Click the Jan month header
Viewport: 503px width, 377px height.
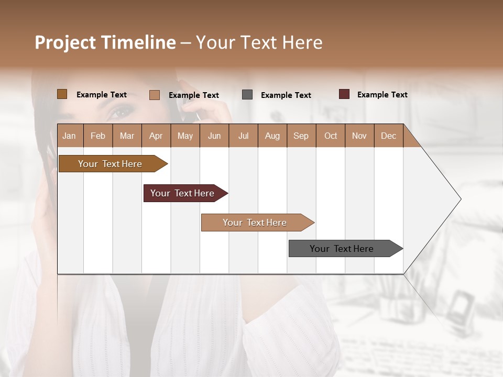pos(69,136)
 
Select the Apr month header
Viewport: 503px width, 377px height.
pos(156,136)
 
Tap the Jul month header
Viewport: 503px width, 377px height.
pos(243,136)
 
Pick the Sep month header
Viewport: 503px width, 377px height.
pos(301,136)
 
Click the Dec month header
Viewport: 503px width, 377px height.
pos(388,136)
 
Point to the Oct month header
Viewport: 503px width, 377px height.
pos(331,136)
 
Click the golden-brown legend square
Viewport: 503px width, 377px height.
pos(62,94)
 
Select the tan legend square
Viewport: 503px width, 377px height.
pos(154,95)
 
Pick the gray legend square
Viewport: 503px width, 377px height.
pos(247,95)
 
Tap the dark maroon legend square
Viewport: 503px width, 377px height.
pos(344,94)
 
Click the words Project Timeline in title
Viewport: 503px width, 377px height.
pos(105,42)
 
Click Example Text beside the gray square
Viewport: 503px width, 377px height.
pos(286,95)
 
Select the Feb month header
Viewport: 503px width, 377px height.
pos(98,136)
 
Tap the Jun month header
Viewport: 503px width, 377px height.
pos(214,136)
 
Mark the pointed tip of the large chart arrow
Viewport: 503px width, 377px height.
pos(460,199)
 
